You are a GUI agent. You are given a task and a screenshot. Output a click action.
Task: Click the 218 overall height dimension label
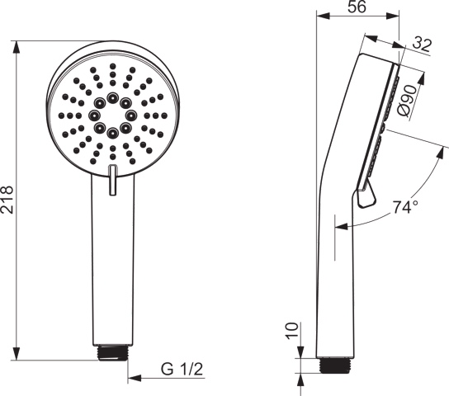pos(7,200)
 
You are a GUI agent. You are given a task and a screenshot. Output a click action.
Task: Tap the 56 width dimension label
pos(357,7)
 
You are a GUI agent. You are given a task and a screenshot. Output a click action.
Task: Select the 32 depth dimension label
pos(422,45)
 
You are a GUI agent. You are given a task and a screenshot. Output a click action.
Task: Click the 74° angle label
pos(404,207)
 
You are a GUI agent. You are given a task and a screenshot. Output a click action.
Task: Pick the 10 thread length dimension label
pos(292,331)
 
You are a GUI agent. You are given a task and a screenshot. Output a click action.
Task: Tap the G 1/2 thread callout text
pos(182,369)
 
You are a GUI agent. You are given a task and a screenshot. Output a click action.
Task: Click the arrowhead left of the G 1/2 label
pos(135,378)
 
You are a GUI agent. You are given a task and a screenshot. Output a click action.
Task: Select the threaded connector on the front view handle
pos(113,352)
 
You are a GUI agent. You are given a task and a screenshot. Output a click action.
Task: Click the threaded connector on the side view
pos(335,365)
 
